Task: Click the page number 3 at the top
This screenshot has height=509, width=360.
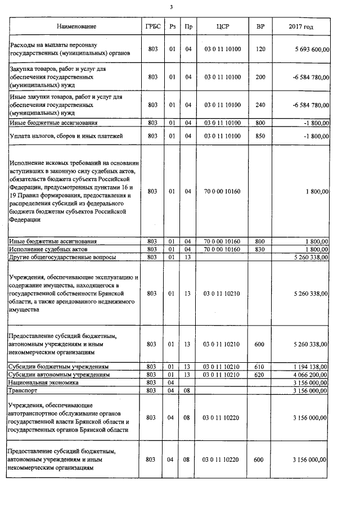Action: [172, 7]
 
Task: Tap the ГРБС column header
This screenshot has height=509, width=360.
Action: [150, 26]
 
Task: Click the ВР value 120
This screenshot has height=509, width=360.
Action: [260, 49]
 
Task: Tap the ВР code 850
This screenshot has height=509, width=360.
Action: [260, 136]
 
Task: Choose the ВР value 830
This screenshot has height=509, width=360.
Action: [260, 249]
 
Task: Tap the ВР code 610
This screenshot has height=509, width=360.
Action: [260, 367]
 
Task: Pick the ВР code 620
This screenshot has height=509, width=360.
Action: [260, 375]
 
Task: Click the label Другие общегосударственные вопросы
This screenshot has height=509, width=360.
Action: [62, 257]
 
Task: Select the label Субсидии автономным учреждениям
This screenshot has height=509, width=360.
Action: [58, 375]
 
